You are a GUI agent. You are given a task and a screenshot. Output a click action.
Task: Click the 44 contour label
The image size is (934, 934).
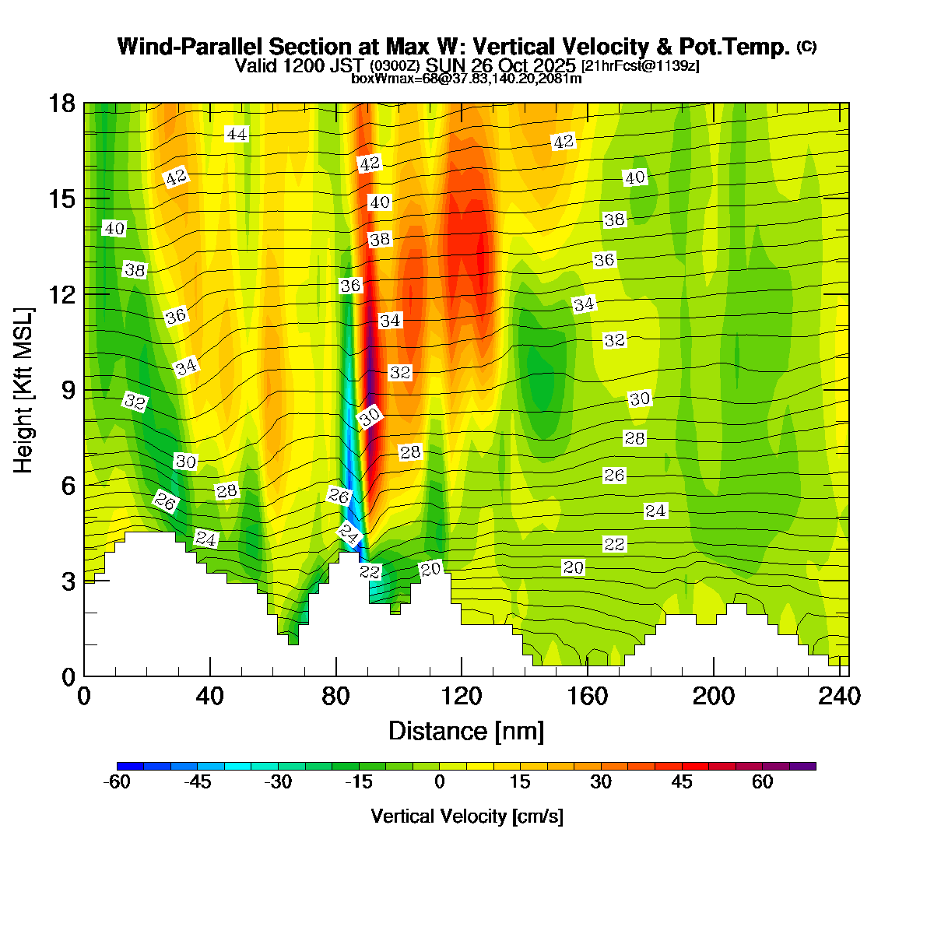[237, 135]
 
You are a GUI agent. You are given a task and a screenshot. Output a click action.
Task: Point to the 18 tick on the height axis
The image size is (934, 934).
[85, 103]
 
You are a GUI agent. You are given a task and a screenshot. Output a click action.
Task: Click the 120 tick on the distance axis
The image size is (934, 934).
[462, 675]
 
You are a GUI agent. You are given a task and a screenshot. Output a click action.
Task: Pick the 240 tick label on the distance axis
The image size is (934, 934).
[840, 696]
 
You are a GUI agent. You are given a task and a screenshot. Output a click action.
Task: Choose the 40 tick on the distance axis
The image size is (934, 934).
[210, 675]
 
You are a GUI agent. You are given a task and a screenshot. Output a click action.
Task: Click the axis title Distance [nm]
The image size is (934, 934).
[465, 732]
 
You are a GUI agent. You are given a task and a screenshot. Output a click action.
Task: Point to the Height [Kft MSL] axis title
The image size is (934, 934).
[24, 391]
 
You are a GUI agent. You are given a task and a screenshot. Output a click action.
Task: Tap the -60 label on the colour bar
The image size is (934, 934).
[117, 782]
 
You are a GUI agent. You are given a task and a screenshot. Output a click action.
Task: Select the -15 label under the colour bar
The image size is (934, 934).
[359, 782]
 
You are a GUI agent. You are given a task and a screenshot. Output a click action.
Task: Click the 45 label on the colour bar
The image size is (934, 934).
[682, 782]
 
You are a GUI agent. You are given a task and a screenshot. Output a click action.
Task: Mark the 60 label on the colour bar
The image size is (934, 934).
[763, 782]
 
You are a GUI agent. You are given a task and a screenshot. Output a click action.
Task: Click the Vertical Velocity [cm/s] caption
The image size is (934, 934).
[467, 816]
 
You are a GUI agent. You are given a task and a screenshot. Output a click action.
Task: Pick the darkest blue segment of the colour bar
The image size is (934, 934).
[130, 766]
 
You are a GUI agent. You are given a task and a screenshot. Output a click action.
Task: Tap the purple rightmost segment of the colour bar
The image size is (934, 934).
[802, 766]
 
